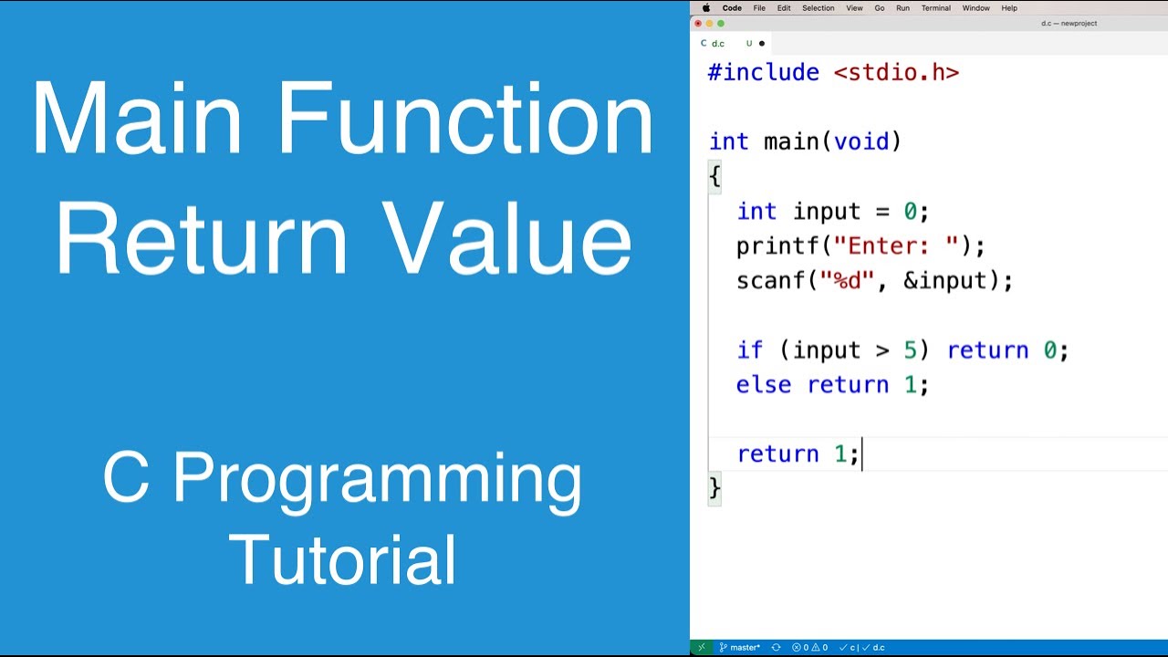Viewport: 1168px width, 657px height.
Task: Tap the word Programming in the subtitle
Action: coord(377,478)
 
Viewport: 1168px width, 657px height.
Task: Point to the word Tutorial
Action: coord(342,560)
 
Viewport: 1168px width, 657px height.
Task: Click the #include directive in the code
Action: coord(763,73)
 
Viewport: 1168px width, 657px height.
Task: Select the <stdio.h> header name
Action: coord(896,73)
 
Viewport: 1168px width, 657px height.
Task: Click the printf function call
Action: coord(770,246)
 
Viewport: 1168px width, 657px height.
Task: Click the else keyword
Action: coord(763,385)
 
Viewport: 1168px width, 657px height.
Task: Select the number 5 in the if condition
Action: coord(910,350)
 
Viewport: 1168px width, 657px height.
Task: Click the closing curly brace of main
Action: coord(714,487)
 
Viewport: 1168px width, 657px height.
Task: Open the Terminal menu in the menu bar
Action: coord(935,8)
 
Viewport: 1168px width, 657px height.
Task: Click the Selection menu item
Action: coord(818,8)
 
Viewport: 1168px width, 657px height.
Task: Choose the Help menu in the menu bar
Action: coord(1009,8)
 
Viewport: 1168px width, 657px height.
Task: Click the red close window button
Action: coord(698,24)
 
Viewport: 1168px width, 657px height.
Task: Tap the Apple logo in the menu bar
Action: coord(705,8)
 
